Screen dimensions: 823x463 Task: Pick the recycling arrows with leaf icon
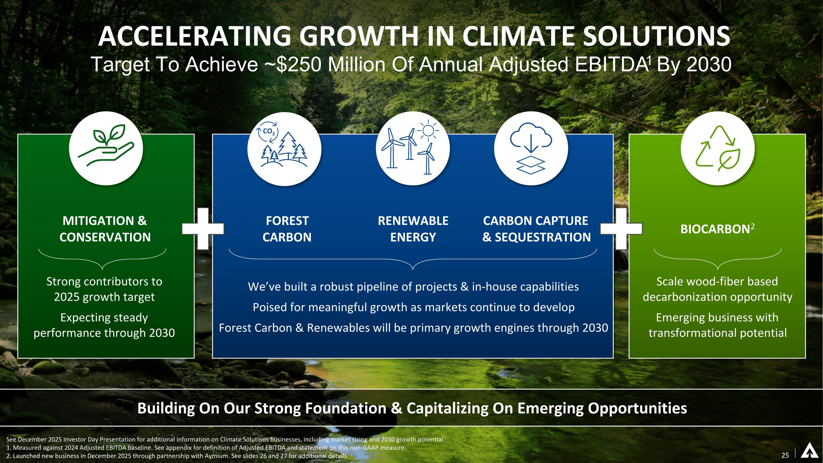718,148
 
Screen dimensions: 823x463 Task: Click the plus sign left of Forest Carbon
203,228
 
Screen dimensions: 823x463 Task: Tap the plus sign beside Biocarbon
621,228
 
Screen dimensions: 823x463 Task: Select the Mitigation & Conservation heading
105,229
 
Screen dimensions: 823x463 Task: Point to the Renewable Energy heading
413,229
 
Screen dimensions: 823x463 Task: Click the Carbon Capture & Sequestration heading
536,229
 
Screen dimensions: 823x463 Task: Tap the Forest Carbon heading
287,229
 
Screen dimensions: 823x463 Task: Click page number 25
785,455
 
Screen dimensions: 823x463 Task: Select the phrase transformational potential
718,333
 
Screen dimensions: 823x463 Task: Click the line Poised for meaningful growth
413,307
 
